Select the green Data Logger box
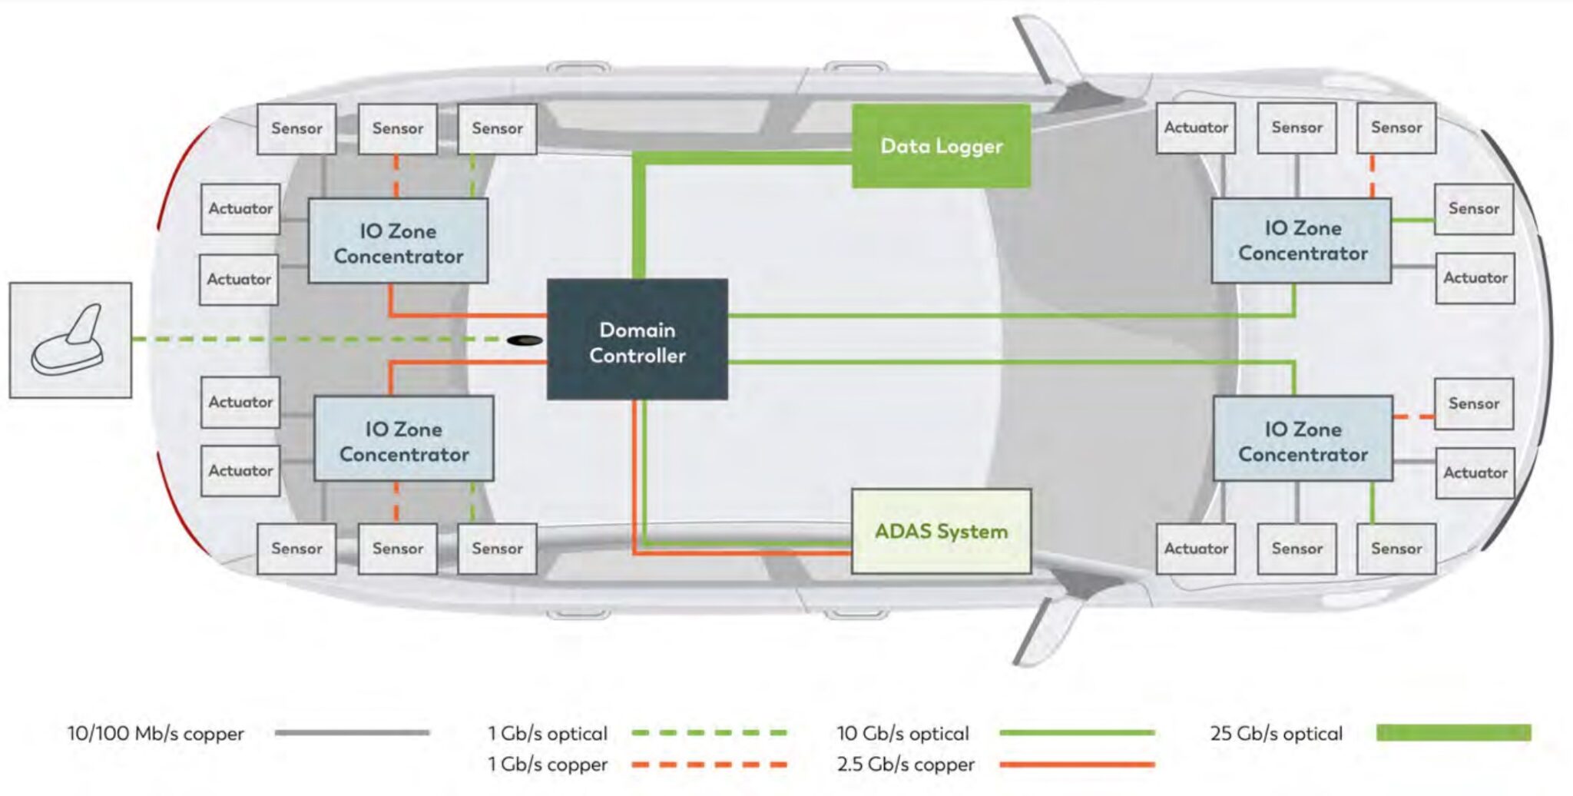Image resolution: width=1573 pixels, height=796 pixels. pyautogui.click(x=941, y=146)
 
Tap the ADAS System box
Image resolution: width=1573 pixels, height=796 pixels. pyautogui.click(x=941, y=531)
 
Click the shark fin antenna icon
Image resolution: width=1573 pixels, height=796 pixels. pyautogui.click(x=70, y=340)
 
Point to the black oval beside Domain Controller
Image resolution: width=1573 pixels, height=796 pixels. pyautogui.click(x=525, y=340)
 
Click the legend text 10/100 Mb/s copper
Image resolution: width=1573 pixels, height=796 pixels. pyautogui.click(x=155, y=734)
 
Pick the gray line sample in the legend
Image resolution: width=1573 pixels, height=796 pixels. pyautogui.click(x=352, y=733)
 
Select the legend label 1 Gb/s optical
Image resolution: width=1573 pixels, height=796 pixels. pyautogui.click(x=548, y=734)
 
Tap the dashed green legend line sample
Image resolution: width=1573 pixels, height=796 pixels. pyautogui.click(x=709, y=733)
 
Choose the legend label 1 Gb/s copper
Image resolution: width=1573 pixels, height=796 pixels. pyautogui.click(x=548, y=764)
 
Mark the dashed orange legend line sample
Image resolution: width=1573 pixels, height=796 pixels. pyautogui.click(x=709, y=764)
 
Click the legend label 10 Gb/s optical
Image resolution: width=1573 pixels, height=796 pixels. pyautogui.click(x=902, y=734)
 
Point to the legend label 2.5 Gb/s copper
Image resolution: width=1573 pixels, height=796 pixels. pyautogui.click(x=906, y=764)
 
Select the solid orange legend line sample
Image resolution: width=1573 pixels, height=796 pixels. pyautogui.click(x=1077, y=764)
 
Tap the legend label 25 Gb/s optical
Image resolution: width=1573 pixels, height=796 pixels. pyautogui.click(x=1276, y=734)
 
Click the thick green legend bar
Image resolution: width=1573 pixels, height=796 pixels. pyautogui.click(x=1453, y=733)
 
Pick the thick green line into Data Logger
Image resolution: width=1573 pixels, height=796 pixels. pyautogui.click(x=737, y=158)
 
